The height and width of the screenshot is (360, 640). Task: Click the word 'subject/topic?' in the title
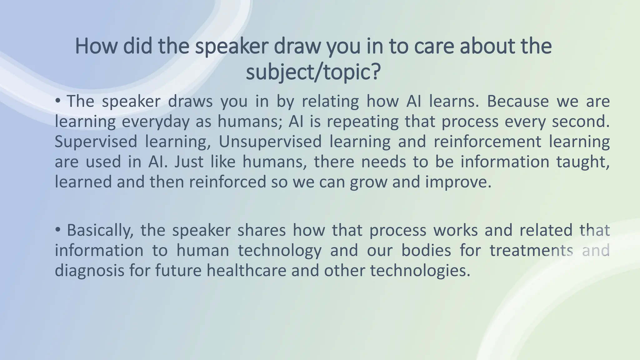coord(313,72)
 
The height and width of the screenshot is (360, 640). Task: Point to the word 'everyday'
coord(155,122)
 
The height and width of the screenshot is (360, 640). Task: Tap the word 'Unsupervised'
coord(270,142)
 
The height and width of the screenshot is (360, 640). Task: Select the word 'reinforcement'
coord(487,142)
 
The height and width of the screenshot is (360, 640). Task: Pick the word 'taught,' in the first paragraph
coord(583,162)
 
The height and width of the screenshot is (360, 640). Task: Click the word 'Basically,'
coord(100,230)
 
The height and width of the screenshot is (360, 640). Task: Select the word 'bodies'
coord(426,250)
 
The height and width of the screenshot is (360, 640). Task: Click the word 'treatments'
coord(531,250)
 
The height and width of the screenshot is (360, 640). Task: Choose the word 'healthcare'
coord(246,270)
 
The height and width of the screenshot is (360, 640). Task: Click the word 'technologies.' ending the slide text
coord(420,270)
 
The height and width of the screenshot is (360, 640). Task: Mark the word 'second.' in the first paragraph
coord(581,122)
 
